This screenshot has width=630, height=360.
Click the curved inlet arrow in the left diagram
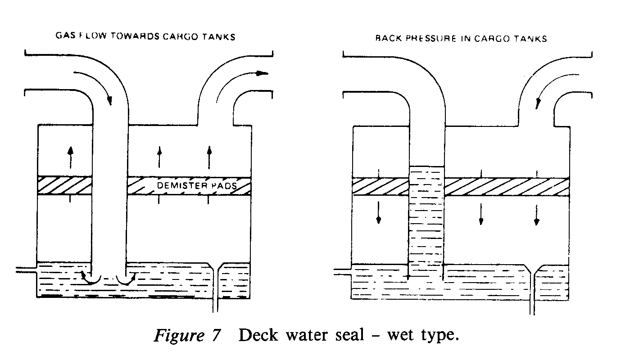pyautogui.click(x=95, y=85)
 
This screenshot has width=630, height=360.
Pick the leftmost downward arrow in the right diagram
pyautogui.click(x=379, y=212)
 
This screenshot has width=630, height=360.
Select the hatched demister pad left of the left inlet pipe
pyautogui.click(x=64, y=186)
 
